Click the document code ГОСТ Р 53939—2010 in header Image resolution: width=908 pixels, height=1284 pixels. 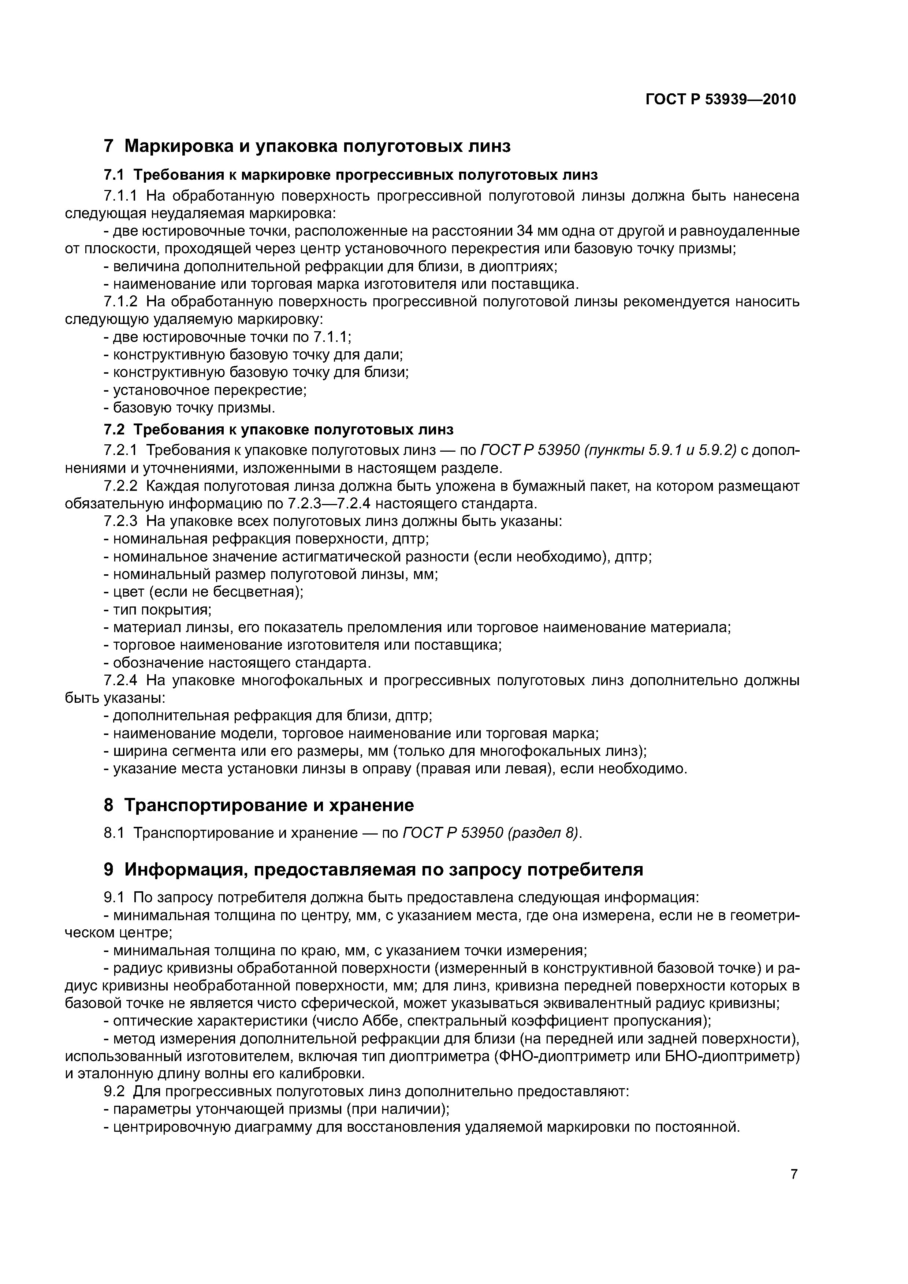tap(720, 100)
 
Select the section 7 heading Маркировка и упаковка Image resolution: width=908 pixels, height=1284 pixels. tap(307, 146)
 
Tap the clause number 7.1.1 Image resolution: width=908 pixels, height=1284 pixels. tap(120, 196)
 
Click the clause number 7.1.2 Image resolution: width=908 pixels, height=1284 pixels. tap(120, 302)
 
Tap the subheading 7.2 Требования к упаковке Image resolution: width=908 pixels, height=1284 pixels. tap(278, 429)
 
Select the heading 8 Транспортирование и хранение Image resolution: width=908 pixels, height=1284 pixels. tap(258, 805)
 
